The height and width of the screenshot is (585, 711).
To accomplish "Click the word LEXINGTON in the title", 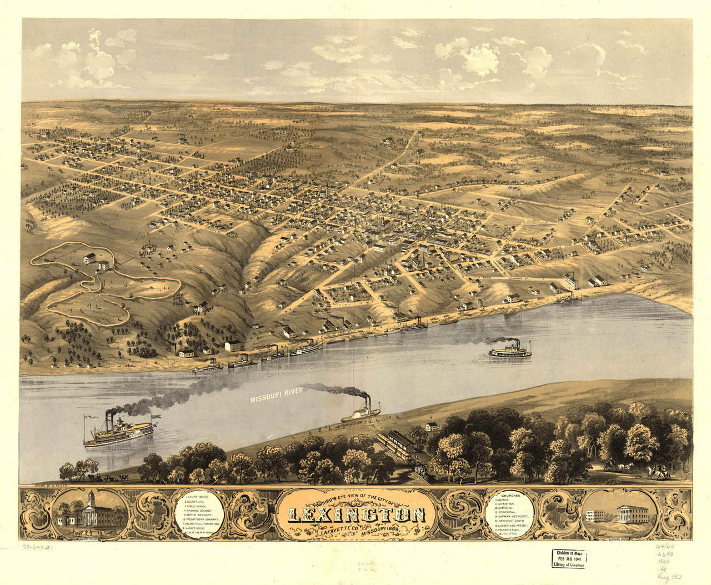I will pyautogui.click(x=355, y=515).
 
